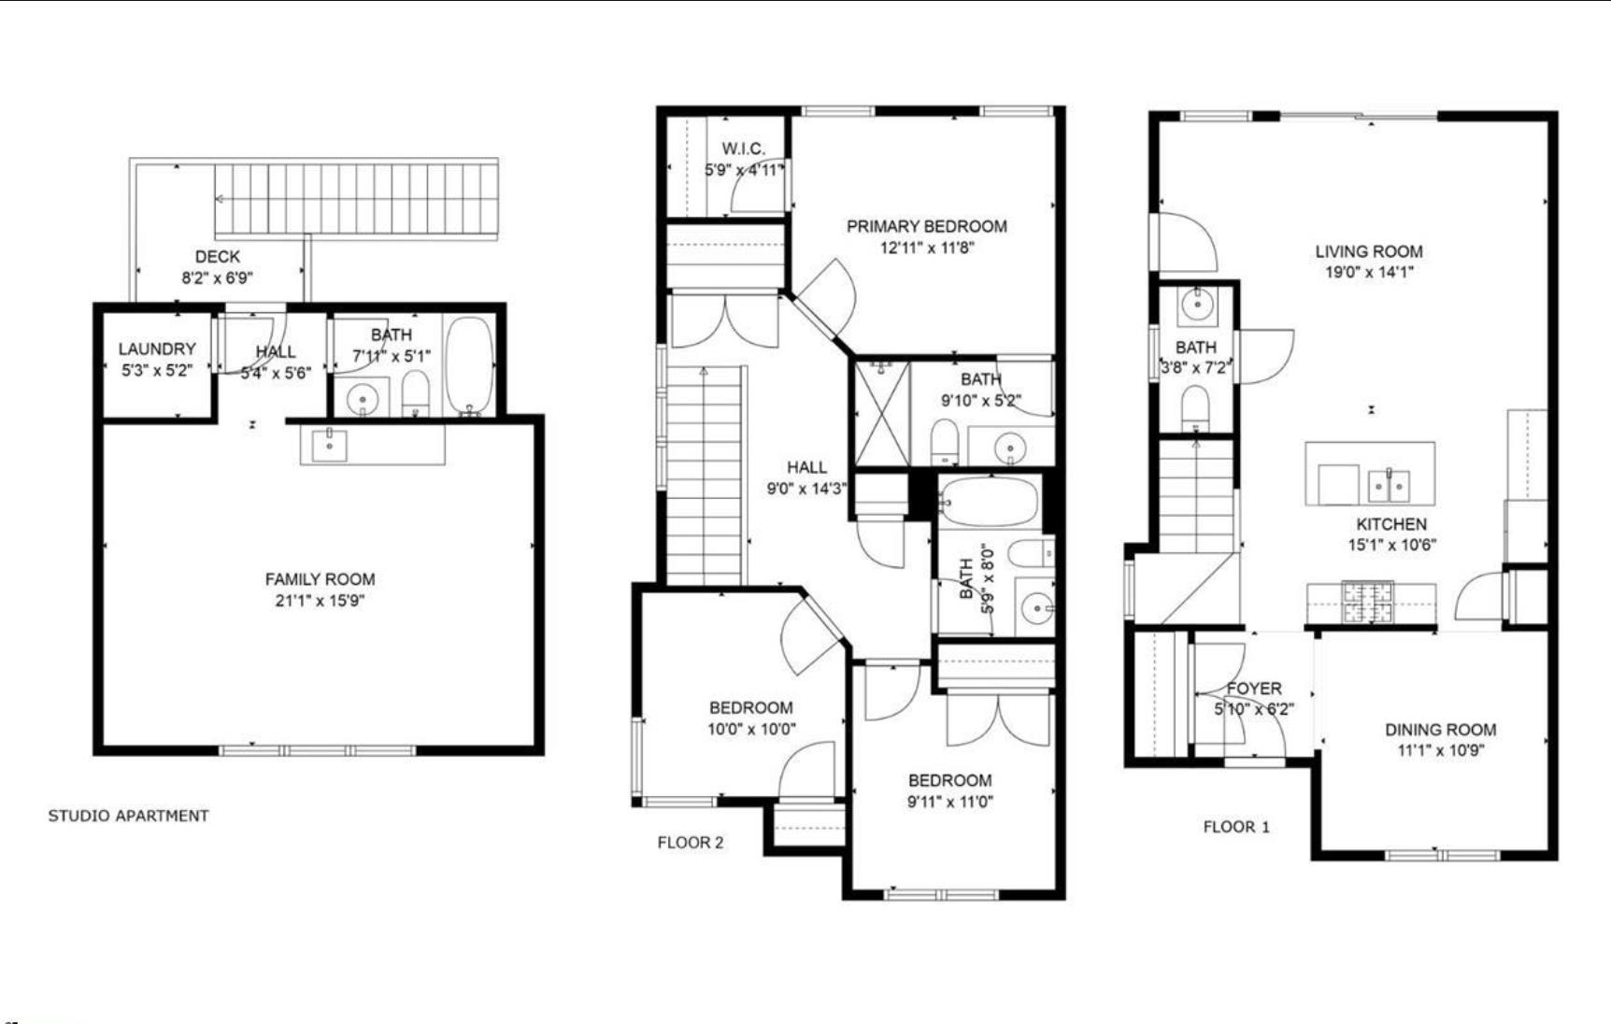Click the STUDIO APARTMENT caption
(128, 816)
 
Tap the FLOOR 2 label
(690, 843)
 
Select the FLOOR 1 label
(1235, 827)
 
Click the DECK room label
(217, 256)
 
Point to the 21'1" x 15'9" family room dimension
(320, 601)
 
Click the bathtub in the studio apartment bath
(469, 365)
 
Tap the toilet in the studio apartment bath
(415, 392)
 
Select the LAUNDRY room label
(156, 348)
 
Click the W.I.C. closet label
(743, 149)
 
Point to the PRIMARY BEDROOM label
(926, 226)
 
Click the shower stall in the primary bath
(882, 414)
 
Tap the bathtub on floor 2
(990, 504)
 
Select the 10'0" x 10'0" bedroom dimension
(751, 729)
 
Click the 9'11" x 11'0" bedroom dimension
(949, 802)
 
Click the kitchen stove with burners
(1367, 602)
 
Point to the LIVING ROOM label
(1368, 251)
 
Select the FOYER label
(1253, 689)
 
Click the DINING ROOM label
(1439, 730)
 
